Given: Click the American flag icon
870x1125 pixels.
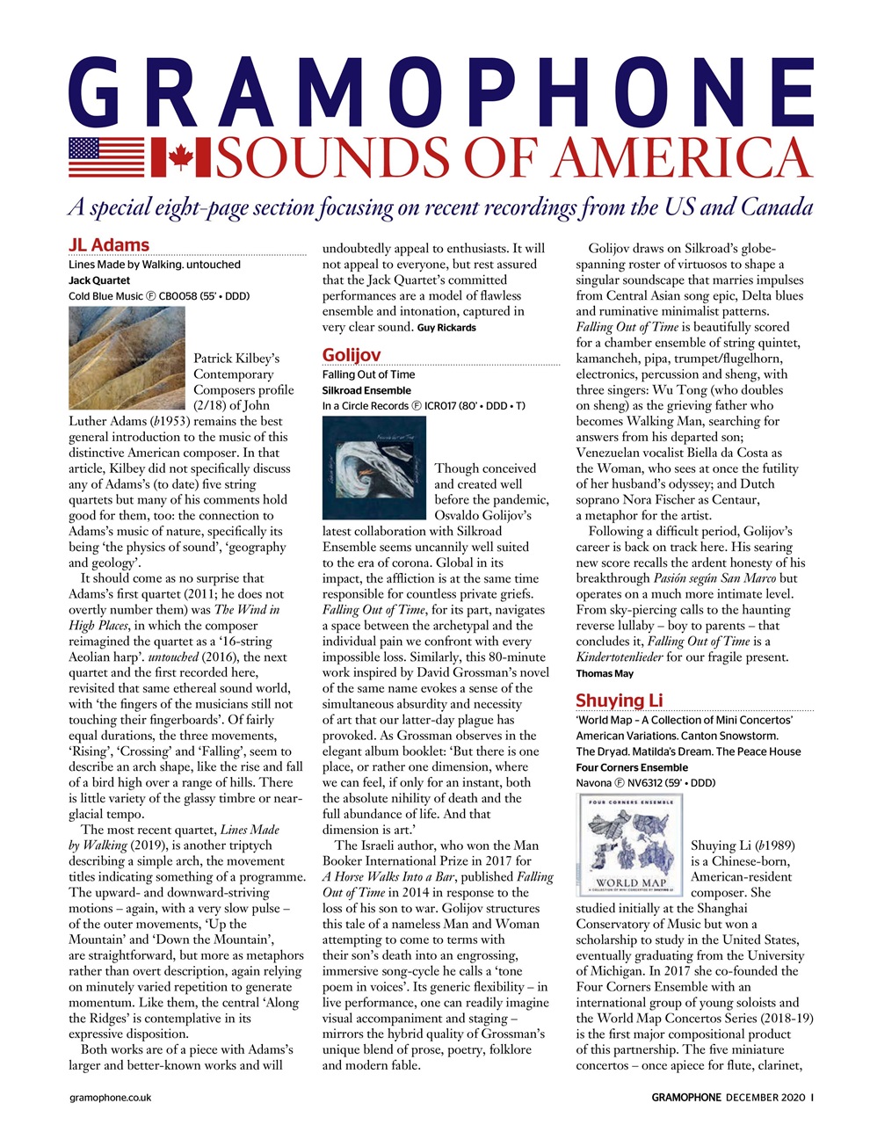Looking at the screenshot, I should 106,157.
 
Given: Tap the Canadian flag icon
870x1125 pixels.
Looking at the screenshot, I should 181,157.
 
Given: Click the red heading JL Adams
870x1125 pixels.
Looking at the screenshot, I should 109,244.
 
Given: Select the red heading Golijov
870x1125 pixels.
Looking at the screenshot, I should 352,355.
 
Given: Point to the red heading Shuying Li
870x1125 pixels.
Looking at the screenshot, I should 619,700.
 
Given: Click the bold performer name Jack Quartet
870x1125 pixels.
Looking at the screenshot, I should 98,280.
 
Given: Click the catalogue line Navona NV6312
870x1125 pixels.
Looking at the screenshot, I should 645,782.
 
